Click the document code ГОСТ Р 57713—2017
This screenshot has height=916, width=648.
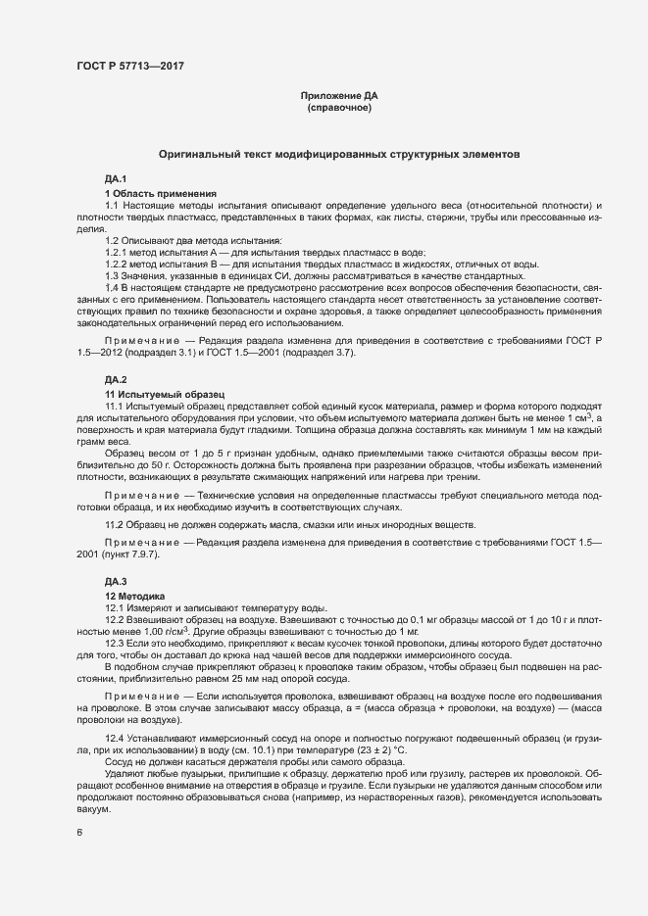click(x=129, y=67)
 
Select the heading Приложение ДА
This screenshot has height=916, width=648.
click(x=338, y=96)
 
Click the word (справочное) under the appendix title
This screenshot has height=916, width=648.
click(x=338, y=108)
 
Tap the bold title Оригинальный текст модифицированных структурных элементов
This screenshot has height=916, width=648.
click(x=338, y=155)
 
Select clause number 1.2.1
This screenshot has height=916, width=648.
click(x=118, y=252)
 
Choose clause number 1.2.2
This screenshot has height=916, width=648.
click(x=118, y=264)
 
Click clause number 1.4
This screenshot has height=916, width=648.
click(x=113, y=287)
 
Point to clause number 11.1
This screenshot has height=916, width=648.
click(x=116, y=406)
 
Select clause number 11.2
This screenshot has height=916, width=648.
click(x=116, y=526)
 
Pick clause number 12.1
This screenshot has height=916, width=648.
click(x=116, y=608)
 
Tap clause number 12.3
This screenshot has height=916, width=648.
click(x=116, y=644)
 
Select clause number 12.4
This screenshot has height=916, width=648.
click(x=116, y=737)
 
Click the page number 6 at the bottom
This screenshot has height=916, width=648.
click(x=78, y=834)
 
